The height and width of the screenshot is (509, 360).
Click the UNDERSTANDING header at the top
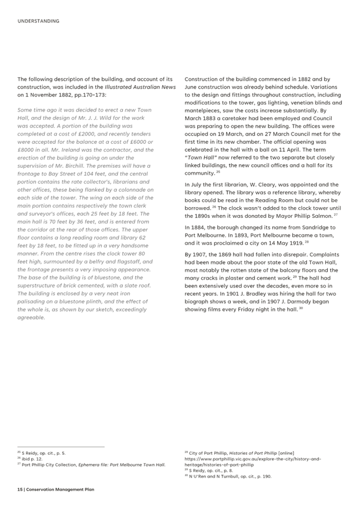(38, 21)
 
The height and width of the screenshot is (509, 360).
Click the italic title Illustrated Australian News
(148, 87)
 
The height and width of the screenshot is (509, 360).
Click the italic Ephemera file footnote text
(130, 464)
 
